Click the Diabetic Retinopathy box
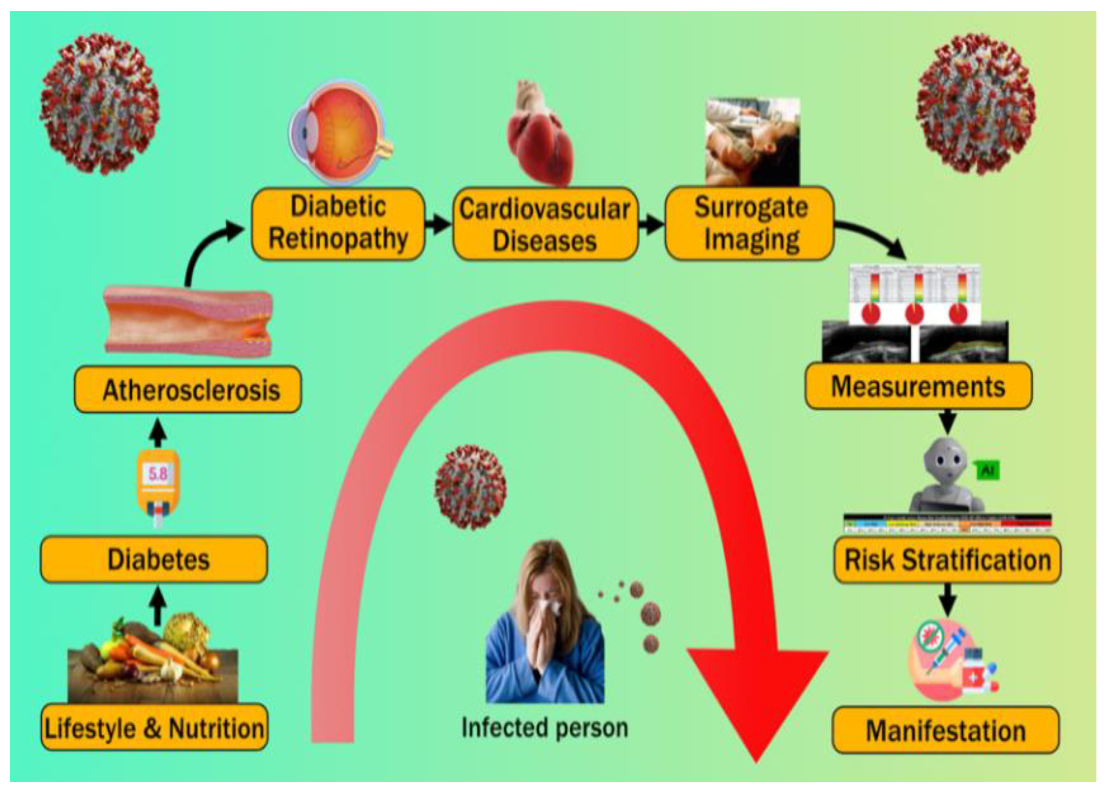pos(338,224)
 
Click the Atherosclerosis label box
pos(188,390)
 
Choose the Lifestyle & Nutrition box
pos(154,728)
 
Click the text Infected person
pos(545,728)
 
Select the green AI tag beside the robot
pos(987,471)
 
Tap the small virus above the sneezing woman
pos(470,486)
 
